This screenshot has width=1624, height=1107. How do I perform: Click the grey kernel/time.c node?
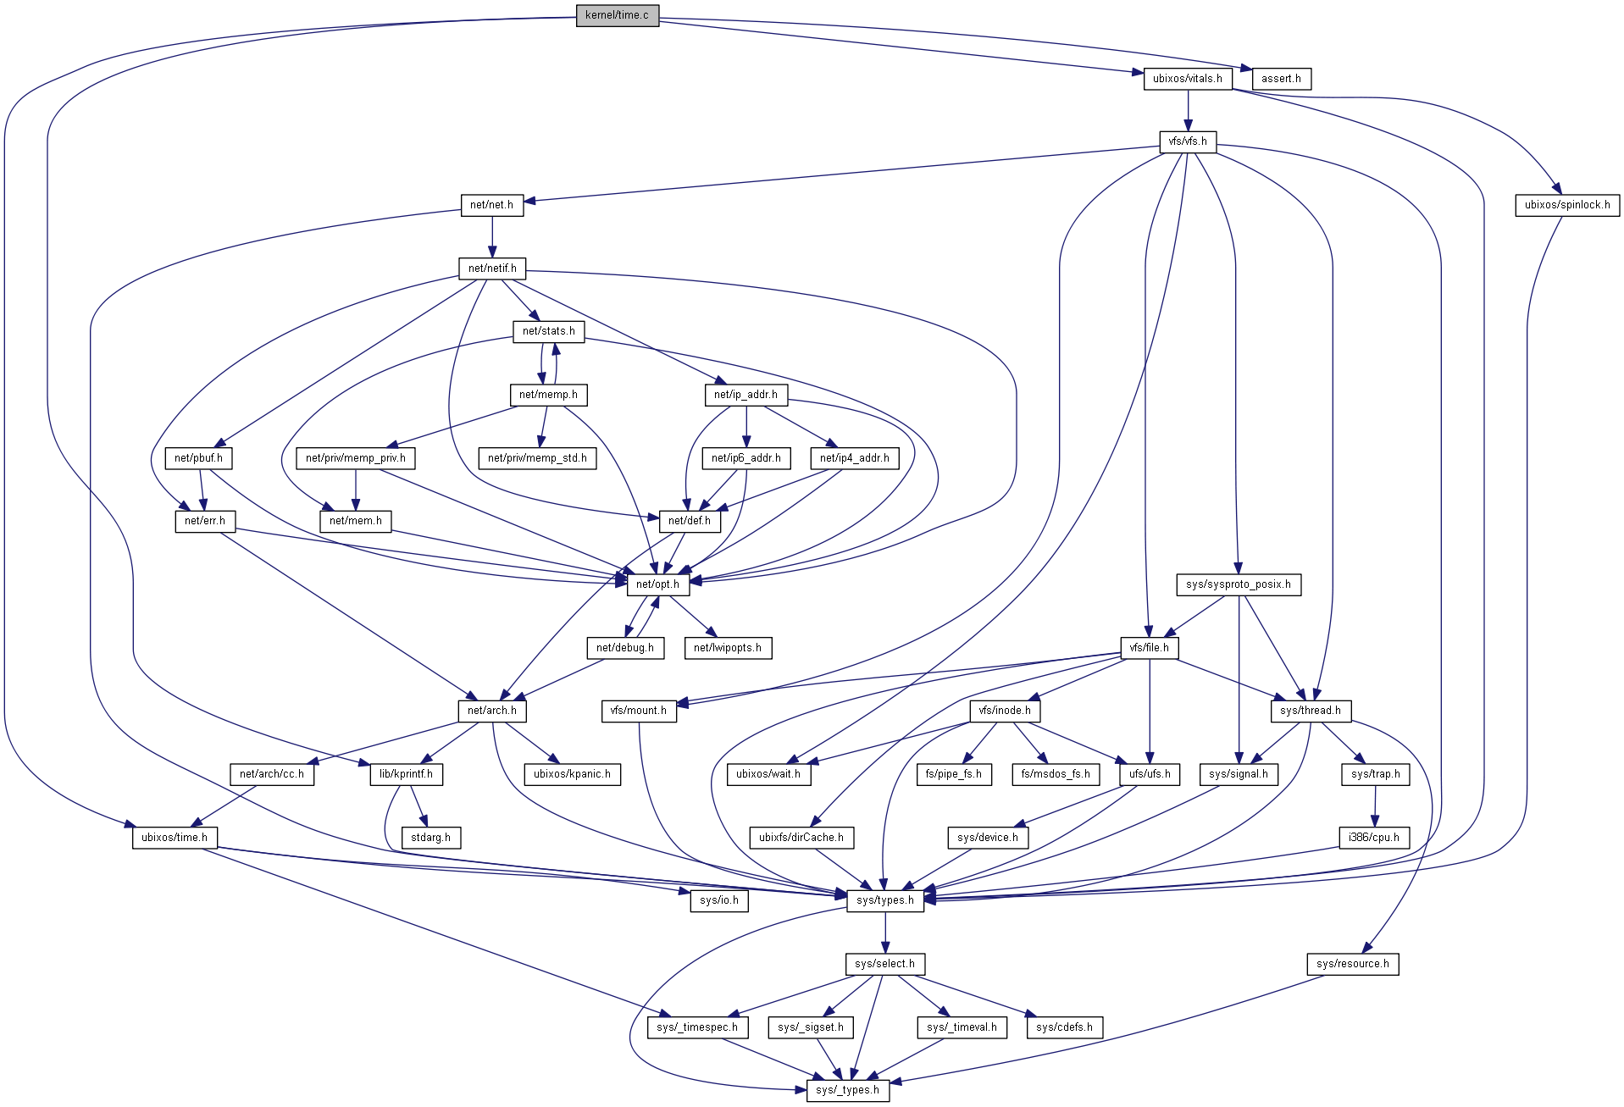(617, 15)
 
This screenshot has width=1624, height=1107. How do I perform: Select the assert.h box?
(1281, 79)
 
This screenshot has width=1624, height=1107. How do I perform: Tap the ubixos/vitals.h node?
(1187, 79)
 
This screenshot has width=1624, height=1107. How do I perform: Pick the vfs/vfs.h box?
(1188, 141)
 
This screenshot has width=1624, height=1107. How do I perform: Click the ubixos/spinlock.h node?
(1566, 205)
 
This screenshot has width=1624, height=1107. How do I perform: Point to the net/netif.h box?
(492, 268)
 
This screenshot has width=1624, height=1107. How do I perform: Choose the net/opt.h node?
(657, 584)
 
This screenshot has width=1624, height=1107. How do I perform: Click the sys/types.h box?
(884, 900)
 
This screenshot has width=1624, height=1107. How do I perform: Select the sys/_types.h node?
(847, 1090)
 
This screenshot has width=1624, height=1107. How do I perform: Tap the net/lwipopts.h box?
(727, 648)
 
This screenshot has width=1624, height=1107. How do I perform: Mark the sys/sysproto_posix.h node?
(1238, 584)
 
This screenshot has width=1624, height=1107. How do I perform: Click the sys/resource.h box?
(1352, 964)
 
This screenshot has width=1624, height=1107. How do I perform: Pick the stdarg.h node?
(430, 838)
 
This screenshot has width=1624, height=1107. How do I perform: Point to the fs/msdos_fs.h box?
(1055, 774)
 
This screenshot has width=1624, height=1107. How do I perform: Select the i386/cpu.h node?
(1374, 838)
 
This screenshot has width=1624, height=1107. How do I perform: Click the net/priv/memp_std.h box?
(537, 458)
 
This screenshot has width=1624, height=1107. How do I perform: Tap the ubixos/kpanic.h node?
(572, 774)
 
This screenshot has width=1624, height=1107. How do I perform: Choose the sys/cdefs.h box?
(1064, 1027)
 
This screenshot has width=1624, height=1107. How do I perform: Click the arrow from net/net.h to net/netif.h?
(492, 236)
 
